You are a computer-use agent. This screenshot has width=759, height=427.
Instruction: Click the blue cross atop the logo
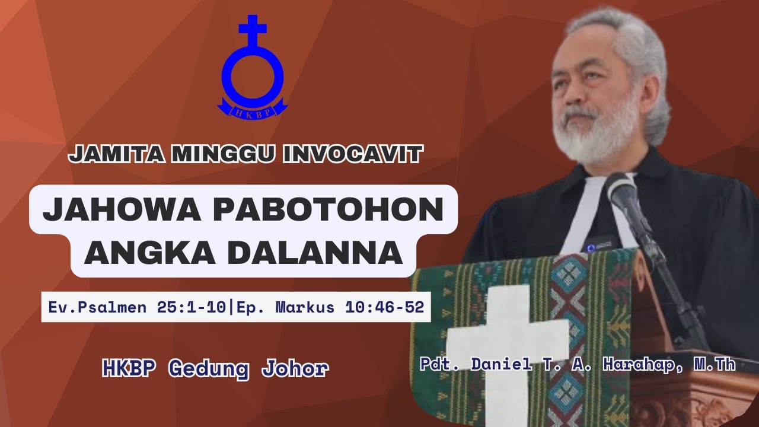click(252, 30)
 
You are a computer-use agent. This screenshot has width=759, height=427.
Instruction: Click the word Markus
click(308, 307)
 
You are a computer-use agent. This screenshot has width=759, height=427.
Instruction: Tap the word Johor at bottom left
click(295, 369)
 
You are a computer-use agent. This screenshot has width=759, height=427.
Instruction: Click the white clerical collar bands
click(584, 213)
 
